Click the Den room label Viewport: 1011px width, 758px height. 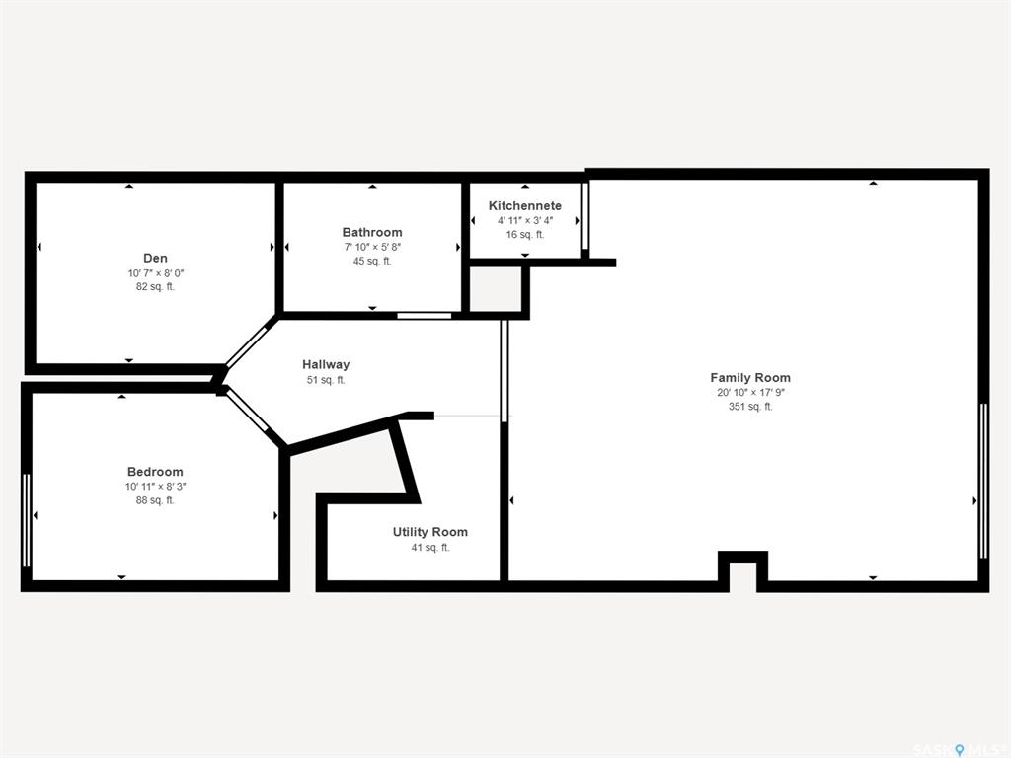coord(155,258)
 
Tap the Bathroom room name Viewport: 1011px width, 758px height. coord(372,232)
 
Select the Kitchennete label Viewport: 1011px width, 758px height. coord(525,205)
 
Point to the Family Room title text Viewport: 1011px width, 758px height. coord(750,378)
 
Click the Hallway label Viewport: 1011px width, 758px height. coord(326,364)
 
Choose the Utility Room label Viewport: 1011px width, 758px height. coord(430,532)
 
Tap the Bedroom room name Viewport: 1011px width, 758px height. coord(155,471)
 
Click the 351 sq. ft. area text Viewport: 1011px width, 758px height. coord(750,406)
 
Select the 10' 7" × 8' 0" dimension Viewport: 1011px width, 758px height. coord(155,273)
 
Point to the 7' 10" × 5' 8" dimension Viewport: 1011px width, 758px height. coord(372,247)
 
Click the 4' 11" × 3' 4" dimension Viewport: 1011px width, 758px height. coord(525,220)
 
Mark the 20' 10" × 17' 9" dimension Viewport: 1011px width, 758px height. coord(750,392)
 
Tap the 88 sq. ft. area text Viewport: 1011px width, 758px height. coord(155,500)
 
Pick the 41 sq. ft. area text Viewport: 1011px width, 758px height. coord(430,547)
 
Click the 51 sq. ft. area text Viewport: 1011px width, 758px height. coord(326,380)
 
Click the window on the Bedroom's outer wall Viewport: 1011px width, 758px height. coord(27,519)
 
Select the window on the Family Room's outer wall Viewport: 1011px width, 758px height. coord(983,481)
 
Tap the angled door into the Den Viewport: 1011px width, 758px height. coord(247,346)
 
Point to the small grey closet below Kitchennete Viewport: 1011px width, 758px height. coord(496,289)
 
